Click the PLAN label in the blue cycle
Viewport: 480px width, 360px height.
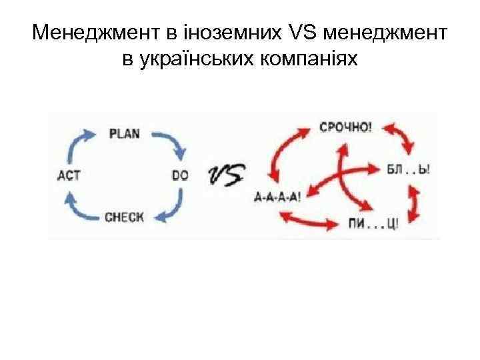pyautogui.click(x=124, y=133)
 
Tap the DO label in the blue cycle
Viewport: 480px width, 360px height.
pyautogui.click(x=180, y=175)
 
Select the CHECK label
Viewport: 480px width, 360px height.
pyautogui.click(x=124, y=217)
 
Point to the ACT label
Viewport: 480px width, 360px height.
pyautogui.click(x=69, y=175)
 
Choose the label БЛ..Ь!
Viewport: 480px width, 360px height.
pyautogui.click(x=409, y=170)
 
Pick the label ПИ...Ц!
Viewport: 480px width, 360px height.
pyautogui.click(x=373, y=223)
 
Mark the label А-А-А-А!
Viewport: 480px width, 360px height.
pyautogui.click(x=278, y=196)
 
